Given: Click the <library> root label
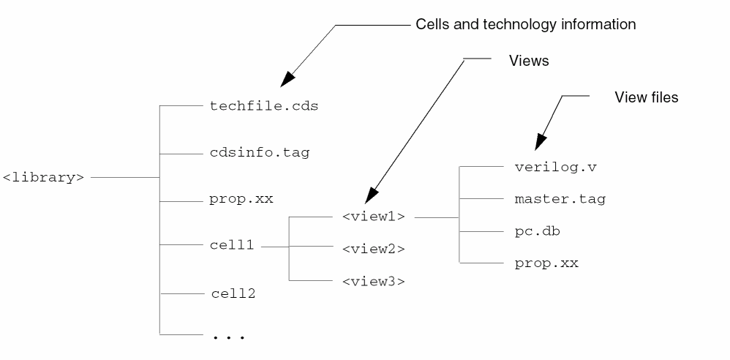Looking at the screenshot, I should [x=44, y=177].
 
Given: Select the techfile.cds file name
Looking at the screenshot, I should [x=264, y=106].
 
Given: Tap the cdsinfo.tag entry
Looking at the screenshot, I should [x=259, y=153].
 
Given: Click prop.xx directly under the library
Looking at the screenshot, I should [x=241, y=199].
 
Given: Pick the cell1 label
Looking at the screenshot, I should [x=232, y=246].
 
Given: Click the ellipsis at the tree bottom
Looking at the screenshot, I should [x=228, y=337].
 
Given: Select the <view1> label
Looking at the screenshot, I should [x=373, y=217].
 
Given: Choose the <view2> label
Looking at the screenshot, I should [x=373, y=249].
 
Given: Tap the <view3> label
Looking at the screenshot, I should [x=373, y=280].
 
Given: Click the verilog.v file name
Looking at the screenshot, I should [x=556, y=167].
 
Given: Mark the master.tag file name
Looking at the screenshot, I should [x=560, y=198].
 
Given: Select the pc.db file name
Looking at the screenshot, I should [x=538, y=230].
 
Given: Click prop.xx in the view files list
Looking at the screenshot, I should [x=546, y=263].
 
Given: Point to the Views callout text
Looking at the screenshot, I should [x=529, y=61].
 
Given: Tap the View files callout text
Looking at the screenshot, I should [x=647, y=97].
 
